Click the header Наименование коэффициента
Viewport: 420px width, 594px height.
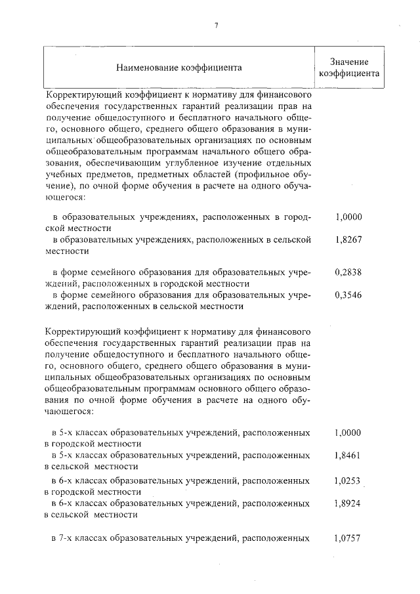(178, 67)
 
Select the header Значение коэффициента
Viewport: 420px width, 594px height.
(348, 67)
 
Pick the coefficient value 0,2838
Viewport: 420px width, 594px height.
(348, 272)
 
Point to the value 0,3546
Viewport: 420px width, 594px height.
(348, 295)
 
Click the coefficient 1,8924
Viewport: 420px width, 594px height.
(348, 503)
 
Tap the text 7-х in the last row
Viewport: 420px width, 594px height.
(71, 539)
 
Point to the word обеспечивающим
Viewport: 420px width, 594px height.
(116, 163)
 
